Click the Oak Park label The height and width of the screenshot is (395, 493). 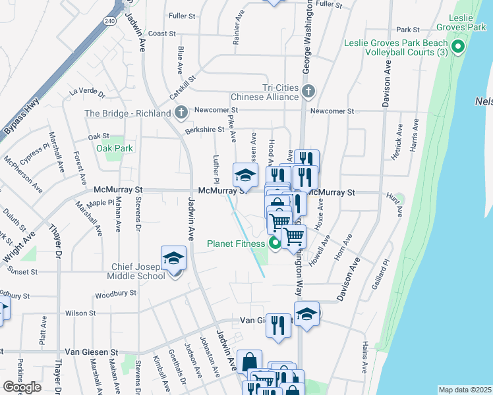coord(115,148)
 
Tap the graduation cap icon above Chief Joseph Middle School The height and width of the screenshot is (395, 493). coord(174,257)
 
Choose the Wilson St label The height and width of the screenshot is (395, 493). coord(80,313)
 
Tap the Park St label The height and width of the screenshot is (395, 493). coord(408,29)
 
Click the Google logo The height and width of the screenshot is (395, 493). coord(22,387)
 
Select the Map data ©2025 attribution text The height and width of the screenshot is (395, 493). coord(465,390)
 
